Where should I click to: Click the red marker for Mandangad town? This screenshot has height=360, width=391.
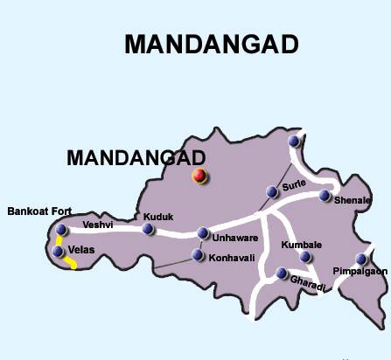coord(199,177)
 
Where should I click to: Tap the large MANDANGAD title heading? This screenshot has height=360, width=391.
coord(212,45)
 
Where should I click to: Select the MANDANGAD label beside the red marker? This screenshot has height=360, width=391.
coord(136,157)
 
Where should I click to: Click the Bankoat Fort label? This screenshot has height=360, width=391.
coord(38,211)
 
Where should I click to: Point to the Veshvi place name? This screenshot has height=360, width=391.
coord(97,225)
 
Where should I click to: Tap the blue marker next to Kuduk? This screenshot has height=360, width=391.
coord(148,230)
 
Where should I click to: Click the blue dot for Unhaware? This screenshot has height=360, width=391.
coord(203,233)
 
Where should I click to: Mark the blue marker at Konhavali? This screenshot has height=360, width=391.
coord(197,257)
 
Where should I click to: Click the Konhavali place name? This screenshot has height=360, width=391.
coord(232,257)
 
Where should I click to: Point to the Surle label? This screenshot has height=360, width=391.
coord(292,184)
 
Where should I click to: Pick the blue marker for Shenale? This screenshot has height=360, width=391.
coord(325,195)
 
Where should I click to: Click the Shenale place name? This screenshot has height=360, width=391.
coord(353,200)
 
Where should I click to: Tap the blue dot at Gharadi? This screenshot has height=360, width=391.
coord(282,273)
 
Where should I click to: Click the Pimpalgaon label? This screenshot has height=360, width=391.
coord(360,272)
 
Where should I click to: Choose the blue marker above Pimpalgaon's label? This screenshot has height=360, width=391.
coord(361,259)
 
